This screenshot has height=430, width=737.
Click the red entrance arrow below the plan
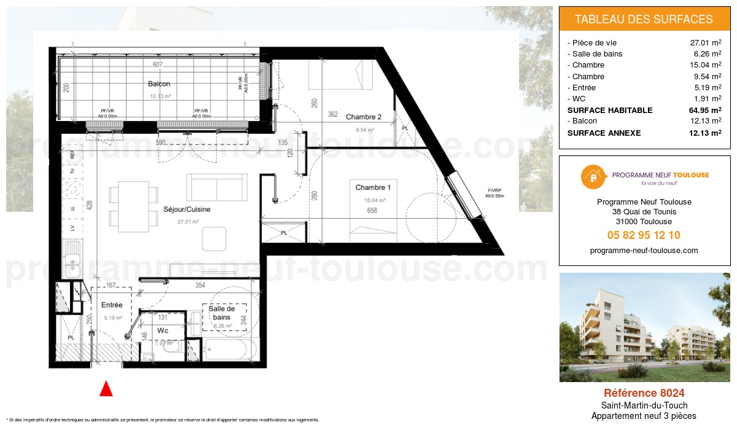click(x=106, y=388)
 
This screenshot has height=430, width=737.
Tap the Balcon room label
click(x=158, y=84)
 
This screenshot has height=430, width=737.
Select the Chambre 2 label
click(x=364, y=117)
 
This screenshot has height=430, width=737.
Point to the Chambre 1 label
click(x=373, y=187)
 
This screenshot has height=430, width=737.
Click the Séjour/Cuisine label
click(x=187, y=209)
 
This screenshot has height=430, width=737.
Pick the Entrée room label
click(x=112, y=305)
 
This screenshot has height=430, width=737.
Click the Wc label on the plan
click(x=163, y=330)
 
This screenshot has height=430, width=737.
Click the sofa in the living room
click(x=217, y=184)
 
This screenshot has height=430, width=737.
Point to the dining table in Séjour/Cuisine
click(x=133, y=206)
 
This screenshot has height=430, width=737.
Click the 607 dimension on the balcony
click(x=158, y=65)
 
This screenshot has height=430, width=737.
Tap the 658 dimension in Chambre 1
click(x=372, y=211)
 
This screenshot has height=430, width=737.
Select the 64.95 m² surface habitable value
click(x=705, y=111)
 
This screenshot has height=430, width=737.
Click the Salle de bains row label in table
click(x=596, y=54)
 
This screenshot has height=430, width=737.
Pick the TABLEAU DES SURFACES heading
click(x=644, y=20)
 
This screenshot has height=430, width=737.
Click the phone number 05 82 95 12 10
click(x=644, y=235)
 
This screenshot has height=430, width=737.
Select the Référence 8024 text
click(x=644, y=393)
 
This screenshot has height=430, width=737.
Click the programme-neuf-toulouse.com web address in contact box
click(x=644, y=251)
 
